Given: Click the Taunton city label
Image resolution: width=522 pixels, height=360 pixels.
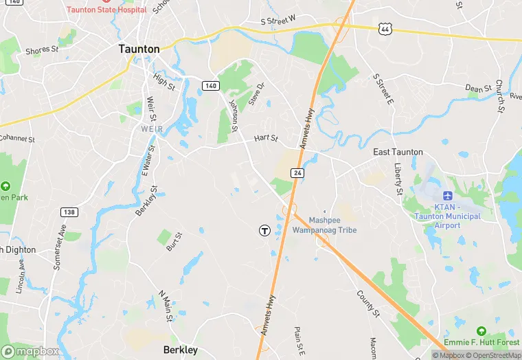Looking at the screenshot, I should click(x=139, y=49).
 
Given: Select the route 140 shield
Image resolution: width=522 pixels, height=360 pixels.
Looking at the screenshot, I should click(x=211, y=85).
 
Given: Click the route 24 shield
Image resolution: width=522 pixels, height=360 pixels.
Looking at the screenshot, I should click(x=297, y=172).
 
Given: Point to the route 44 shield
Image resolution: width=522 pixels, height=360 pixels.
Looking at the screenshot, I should click(x=385, y=29).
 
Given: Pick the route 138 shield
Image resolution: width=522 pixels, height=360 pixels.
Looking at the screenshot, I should click(x=68, y=212).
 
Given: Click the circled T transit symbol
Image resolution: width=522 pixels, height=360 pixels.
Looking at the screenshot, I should click(x=264, y=231).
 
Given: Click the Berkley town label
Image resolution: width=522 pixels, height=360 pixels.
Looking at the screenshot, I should click(x=181, y=350).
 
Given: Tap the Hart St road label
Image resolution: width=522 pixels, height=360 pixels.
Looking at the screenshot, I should click(x=266, y=138).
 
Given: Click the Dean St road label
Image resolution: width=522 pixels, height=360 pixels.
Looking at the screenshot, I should click(x=479, y=89).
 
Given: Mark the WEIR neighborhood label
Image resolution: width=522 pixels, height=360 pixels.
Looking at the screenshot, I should click(x=151, y=129).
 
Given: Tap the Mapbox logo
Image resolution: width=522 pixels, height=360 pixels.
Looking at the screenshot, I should click(x=30, y=350).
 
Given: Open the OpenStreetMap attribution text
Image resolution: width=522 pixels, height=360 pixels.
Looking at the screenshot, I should click(x=494, y=355).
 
